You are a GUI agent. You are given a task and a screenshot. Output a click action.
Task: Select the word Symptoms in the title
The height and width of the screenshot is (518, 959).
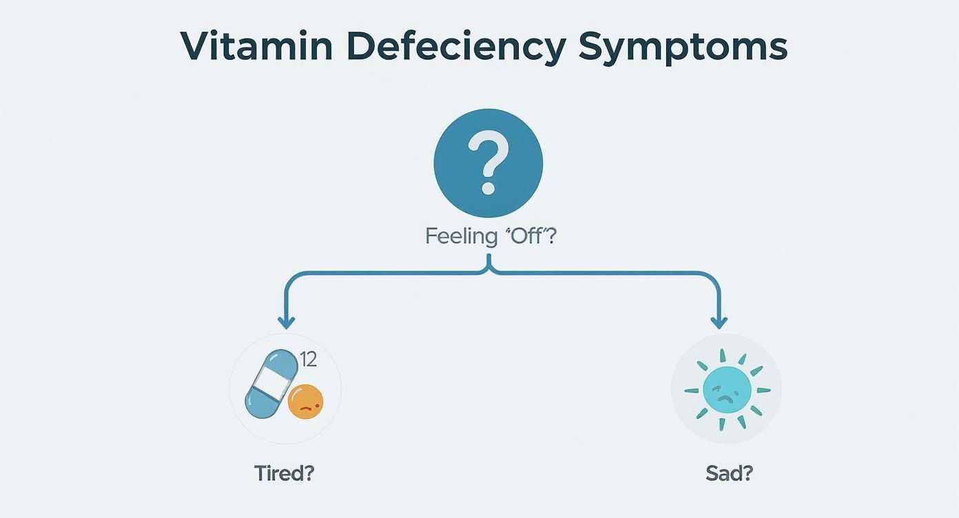682,47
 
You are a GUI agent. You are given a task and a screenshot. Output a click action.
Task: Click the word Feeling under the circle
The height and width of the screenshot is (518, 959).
461,236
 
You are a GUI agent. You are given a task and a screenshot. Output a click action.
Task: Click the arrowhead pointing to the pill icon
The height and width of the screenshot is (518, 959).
285,322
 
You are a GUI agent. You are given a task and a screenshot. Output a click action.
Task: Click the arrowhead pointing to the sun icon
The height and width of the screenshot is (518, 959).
719,322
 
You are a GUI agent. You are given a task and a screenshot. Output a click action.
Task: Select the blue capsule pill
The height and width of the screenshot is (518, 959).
271,383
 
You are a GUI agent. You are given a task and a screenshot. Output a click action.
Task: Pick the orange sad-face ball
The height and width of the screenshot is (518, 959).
305,402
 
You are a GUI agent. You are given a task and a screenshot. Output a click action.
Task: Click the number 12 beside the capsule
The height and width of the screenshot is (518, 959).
308,359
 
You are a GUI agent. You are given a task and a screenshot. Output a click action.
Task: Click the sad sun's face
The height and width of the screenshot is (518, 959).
727,390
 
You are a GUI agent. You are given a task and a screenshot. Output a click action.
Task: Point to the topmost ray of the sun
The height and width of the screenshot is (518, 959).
723,355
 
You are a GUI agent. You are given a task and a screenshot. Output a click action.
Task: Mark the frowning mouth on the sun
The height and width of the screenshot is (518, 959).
728,400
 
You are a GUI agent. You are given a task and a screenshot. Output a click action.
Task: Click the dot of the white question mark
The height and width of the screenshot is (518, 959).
488,186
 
